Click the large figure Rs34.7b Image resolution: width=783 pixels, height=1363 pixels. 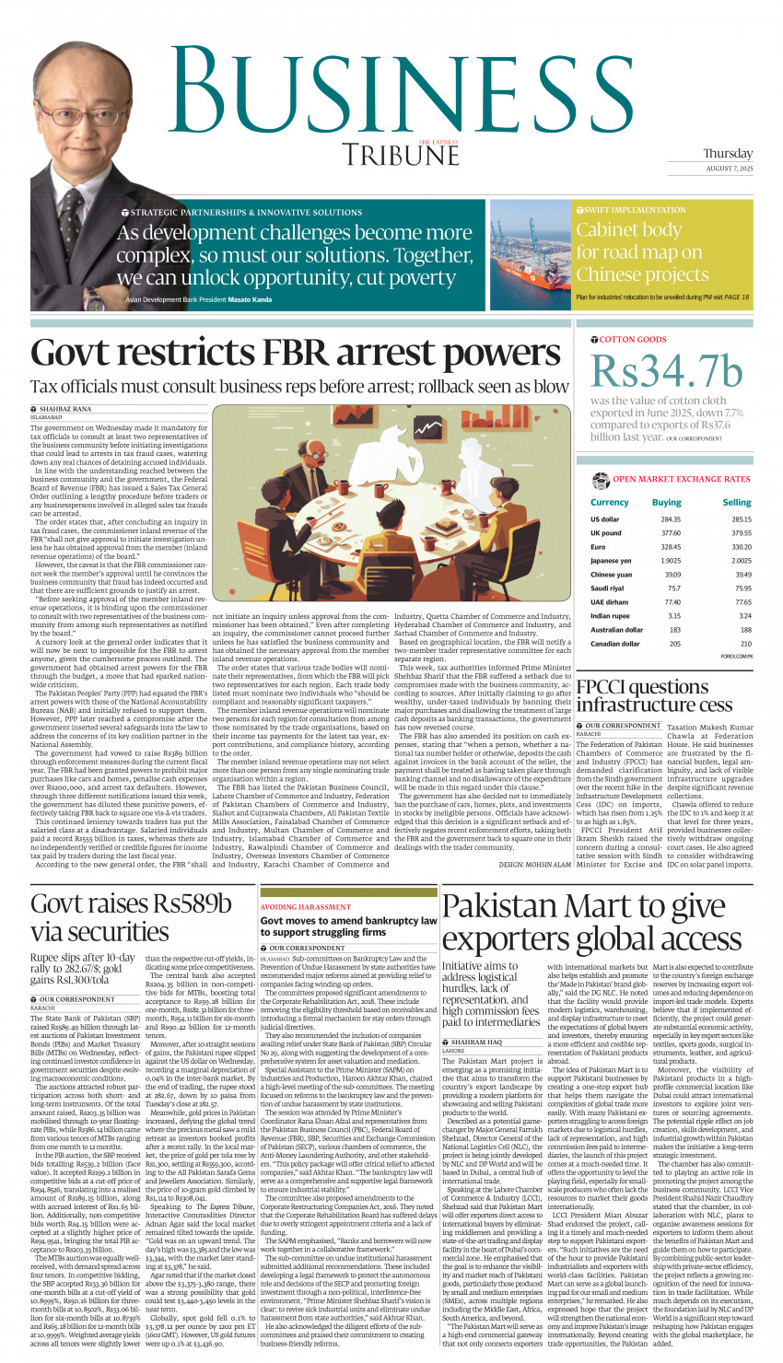tap(666, 371)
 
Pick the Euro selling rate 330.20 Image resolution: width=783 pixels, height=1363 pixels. tap(741, 547)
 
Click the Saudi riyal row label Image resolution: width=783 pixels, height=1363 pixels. tap(607, 588)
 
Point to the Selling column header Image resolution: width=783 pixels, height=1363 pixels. tap(736, 503)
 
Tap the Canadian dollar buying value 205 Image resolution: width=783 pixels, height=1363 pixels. tap(674, 644)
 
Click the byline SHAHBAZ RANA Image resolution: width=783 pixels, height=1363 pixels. tap(65, 408)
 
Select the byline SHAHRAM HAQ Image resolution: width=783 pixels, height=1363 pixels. tap(476, 1042)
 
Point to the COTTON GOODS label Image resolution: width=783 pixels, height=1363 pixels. tap(633, 340)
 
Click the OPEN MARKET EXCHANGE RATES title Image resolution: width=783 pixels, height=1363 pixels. tap(681, 479)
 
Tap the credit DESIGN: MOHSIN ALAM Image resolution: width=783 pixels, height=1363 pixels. tap(534, 865)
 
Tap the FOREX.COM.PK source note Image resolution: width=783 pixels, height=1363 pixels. tap(736, 657)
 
